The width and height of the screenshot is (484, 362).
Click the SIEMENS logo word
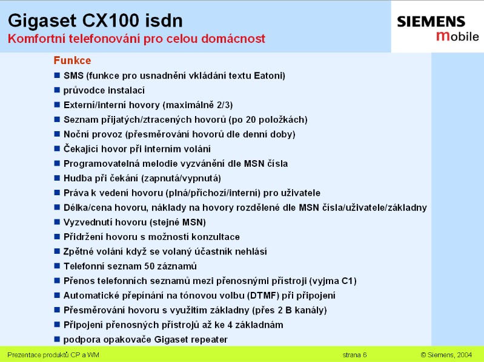tap(431, 22)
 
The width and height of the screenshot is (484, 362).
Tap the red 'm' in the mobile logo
tap(443, 36)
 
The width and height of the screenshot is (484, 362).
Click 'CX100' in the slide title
tap(111, 21)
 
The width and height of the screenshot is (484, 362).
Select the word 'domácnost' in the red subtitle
tap(233, 39)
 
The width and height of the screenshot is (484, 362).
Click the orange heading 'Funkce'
tap(72, 60)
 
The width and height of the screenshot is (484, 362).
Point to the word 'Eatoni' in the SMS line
tap(268, 76)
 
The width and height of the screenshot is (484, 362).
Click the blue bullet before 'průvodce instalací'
tap(57, 90)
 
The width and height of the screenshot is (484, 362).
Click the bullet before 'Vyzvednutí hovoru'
tap(57, 222)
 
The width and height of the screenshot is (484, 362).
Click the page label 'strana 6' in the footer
tap(354, 355)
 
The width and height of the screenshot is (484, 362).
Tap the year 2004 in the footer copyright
tap(465, 355)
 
